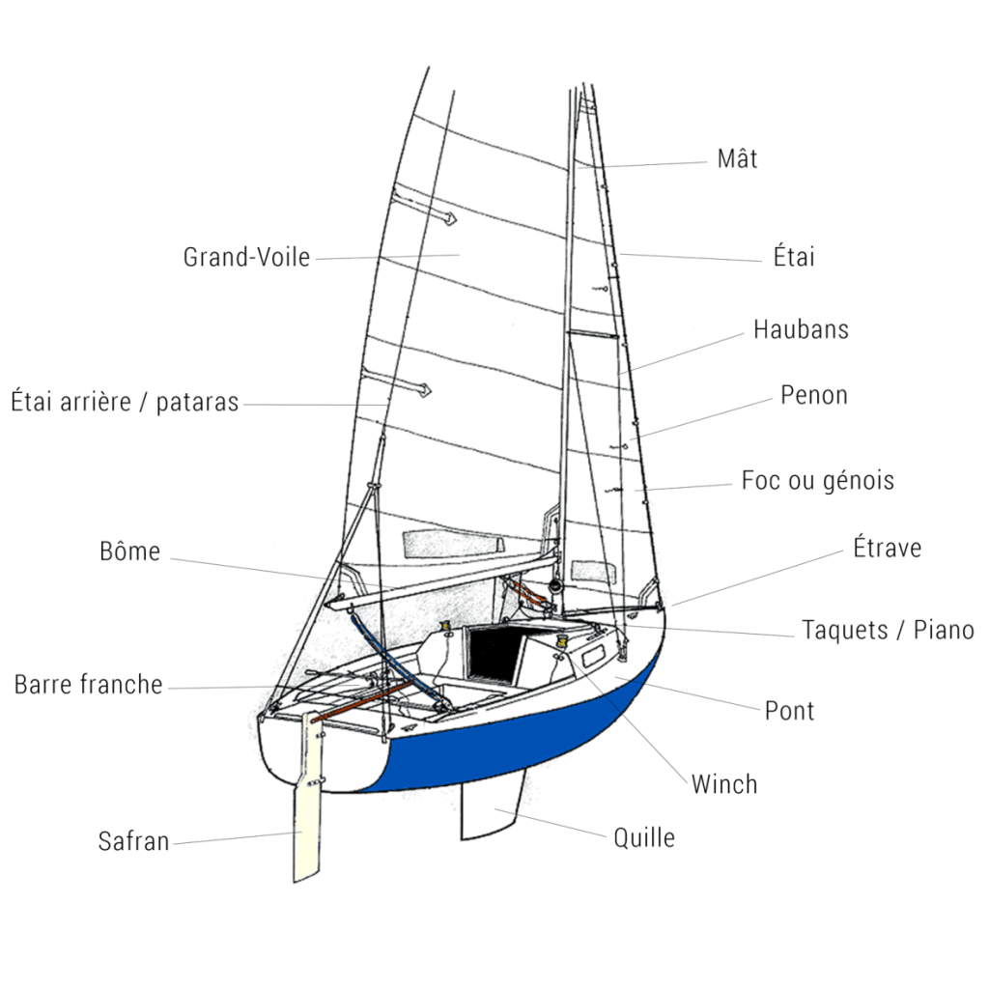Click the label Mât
point(737,158)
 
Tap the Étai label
point(794,257)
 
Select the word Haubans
point(801,329)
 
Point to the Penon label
point(814,395)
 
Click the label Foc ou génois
point(818,480)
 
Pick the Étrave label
point(887,549)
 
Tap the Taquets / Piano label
point(888,631)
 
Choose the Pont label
point(789,711)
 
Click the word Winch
point(724,784)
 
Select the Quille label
point(644,837)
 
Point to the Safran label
point(133,841)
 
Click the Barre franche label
point(88,685)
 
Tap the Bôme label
point(129,552)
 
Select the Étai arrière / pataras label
point(125,402)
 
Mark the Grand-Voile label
point(246,258)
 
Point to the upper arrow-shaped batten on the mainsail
point(425,211)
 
